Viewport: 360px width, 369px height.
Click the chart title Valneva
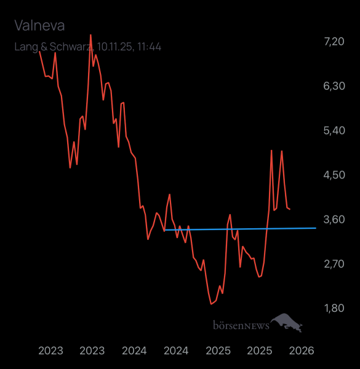coord(39,25)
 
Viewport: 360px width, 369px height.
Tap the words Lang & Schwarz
coord(52,46)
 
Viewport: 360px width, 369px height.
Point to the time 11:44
coord(150,46)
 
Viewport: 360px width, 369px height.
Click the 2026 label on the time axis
coord(302,351)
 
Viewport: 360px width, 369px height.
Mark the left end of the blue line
coord(166,230)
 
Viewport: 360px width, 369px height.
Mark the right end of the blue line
coord(316,228)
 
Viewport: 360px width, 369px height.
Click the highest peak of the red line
coord(91,35)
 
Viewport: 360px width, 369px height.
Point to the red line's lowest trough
coord(211,304)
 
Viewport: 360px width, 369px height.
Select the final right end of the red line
coord(290,210)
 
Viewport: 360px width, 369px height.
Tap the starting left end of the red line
coord(39,52)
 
